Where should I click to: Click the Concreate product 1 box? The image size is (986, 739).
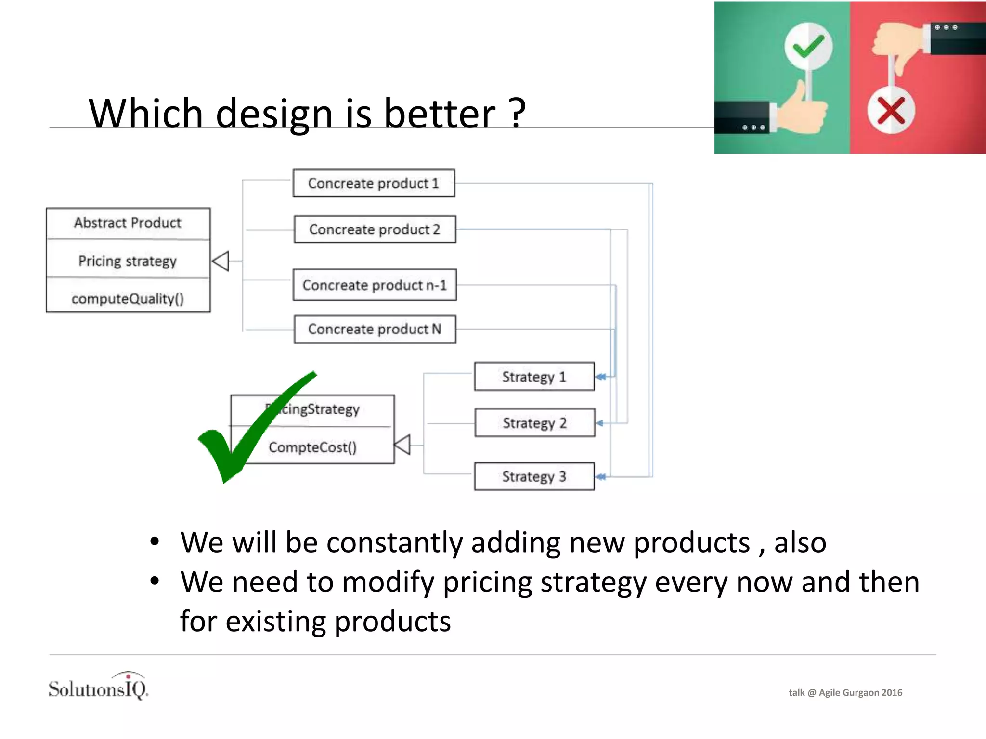(374, 183)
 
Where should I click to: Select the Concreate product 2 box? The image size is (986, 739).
(375, 229)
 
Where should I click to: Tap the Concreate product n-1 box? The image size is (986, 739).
(375, 285)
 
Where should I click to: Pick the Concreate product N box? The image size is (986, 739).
(375, 329)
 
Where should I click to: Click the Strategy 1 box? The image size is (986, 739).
(534, 377)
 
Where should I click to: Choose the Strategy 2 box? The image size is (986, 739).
(534, 423)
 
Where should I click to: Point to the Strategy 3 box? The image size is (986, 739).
(534, 476)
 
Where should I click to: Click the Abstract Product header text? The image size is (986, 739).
(128, 223)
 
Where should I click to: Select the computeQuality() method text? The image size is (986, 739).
(128, 299)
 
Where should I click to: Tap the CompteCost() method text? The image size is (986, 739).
(312, 447)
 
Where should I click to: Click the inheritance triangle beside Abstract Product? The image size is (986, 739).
(221, 261)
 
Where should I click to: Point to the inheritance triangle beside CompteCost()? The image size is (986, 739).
(402, 445)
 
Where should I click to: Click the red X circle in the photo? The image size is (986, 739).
(891, 111)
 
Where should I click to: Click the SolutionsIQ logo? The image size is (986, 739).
(98, 687)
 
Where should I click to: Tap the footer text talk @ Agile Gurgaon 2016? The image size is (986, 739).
(845, 692)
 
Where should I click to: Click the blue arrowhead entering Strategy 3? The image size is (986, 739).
(600, 477)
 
